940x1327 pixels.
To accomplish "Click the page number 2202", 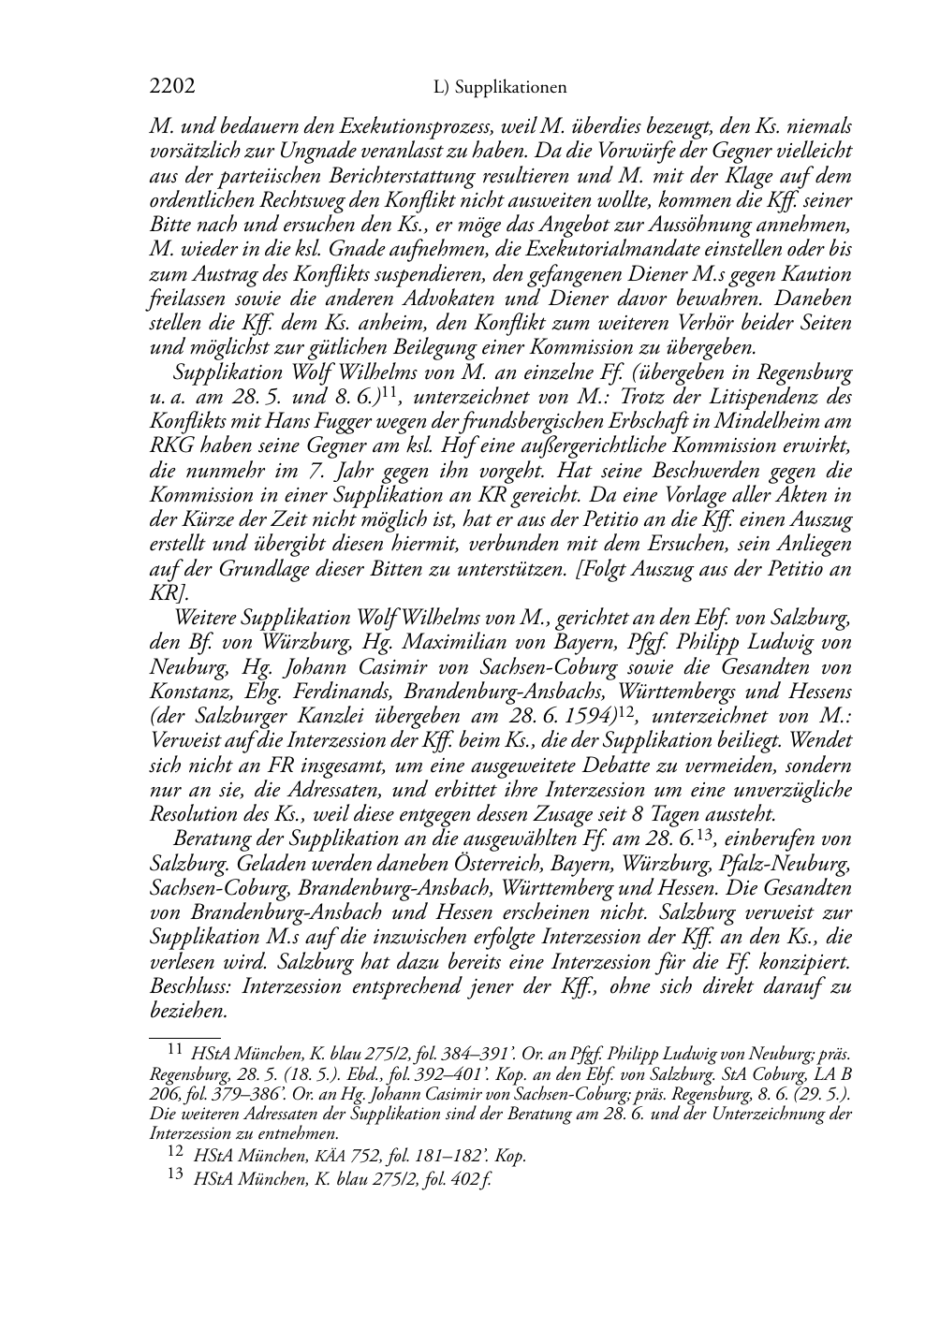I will tap(172, 88).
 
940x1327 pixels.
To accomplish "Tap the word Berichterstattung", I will tap(413, 175).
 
